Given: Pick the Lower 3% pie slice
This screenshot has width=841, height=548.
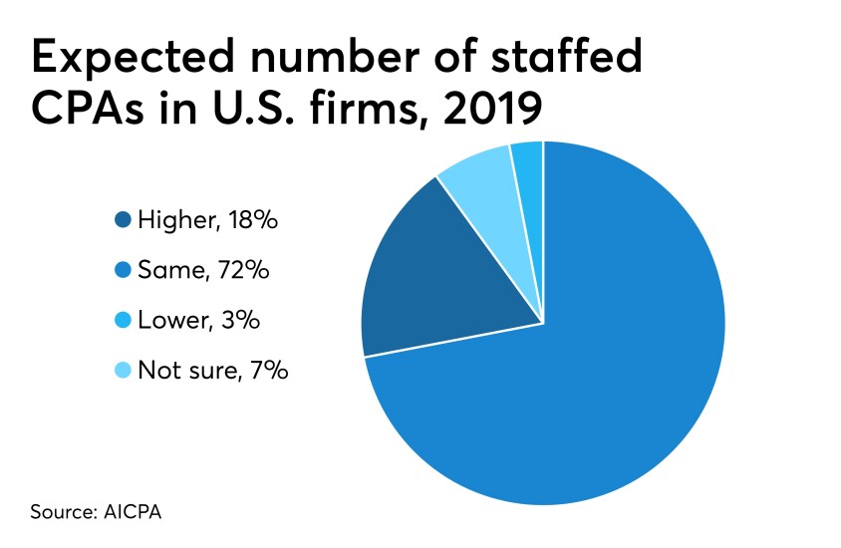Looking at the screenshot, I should [528, 164].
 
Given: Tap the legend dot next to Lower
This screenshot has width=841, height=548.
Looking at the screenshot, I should [123, 321].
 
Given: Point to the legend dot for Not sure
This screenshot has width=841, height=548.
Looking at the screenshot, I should [123, 371].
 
